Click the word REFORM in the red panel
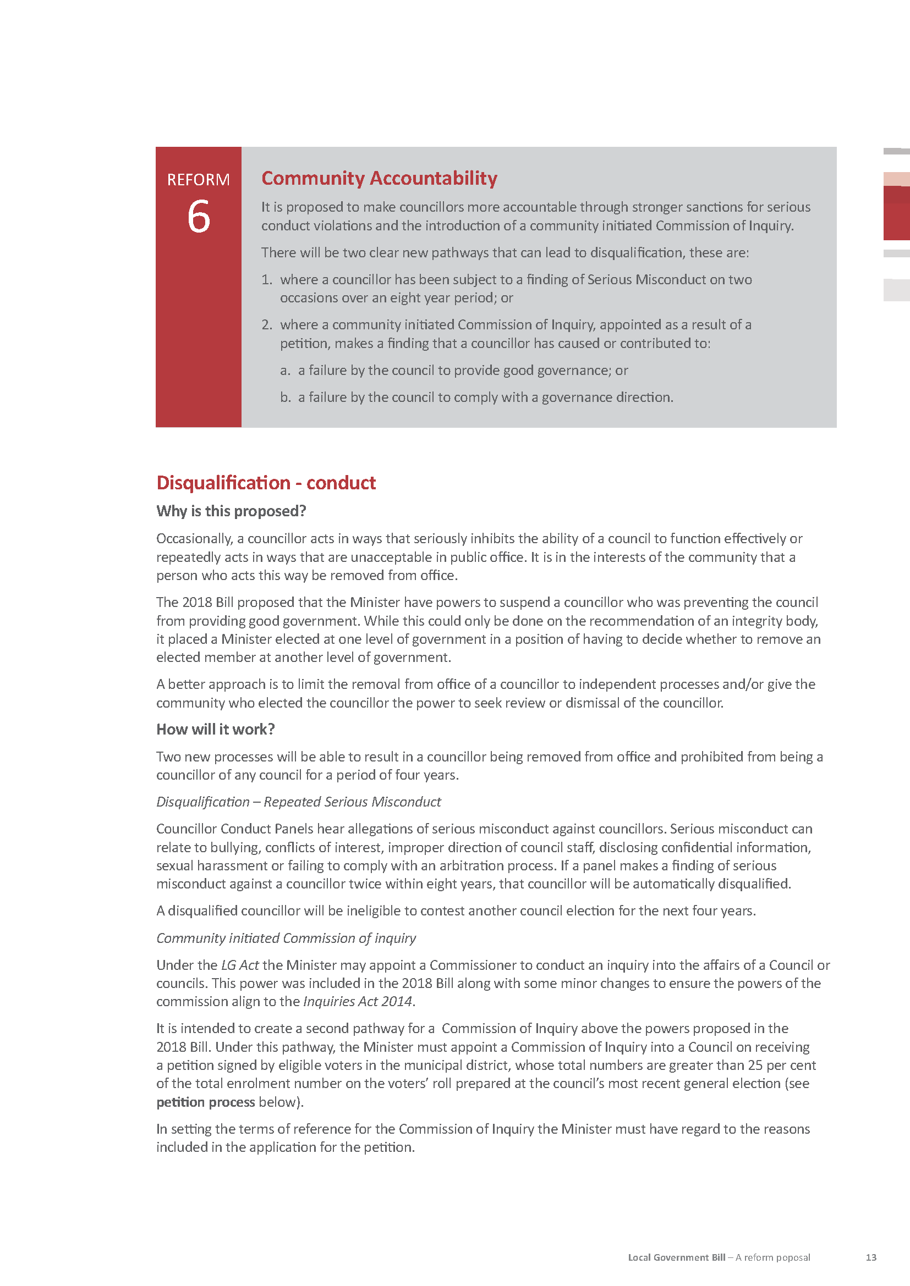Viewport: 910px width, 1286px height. pos(199,180)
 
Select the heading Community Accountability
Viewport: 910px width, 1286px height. pos(380,178)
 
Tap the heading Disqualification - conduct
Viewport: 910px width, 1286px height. pos(266,483)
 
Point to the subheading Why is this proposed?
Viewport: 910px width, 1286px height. pos(231,511)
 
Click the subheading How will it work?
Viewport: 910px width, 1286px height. pos(215,729)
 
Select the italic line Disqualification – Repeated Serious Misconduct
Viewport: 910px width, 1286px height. pos(298,802)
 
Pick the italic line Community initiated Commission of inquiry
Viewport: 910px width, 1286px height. pos(286,937)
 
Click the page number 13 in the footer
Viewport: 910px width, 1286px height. pos(871,1257)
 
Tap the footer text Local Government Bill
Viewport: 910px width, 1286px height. pos(676,1257)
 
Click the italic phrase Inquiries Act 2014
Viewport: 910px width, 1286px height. pos(358,1001)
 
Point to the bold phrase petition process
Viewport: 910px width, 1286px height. pos(205,1102)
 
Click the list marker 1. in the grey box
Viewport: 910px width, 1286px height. pos(267,279)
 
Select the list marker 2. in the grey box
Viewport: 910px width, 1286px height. pos(267,325)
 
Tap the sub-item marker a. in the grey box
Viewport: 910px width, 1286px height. pos(285,370)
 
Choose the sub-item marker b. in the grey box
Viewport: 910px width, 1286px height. pos(285,397)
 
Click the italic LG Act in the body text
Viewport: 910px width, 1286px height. pos(240,965)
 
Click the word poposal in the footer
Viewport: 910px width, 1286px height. pos(790,1257)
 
